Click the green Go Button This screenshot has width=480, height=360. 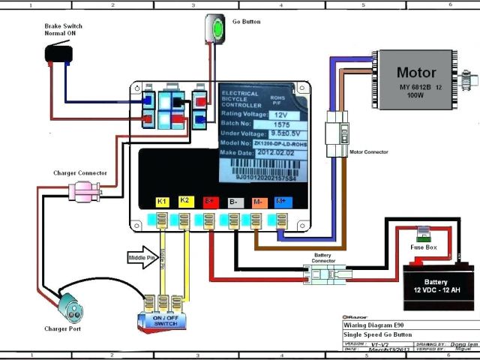217,29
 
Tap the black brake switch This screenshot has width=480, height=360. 58,52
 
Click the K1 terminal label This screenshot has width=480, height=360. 161,201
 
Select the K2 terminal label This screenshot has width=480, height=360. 184,201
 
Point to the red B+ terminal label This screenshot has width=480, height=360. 210,201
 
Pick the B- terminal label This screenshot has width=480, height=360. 233,201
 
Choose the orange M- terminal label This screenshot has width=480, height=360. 257,201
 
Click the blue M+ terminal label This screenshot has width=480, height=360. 281,201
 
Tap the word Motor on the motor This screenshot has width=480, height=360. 415,73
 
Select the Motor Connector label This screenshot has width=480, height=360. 370,151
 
